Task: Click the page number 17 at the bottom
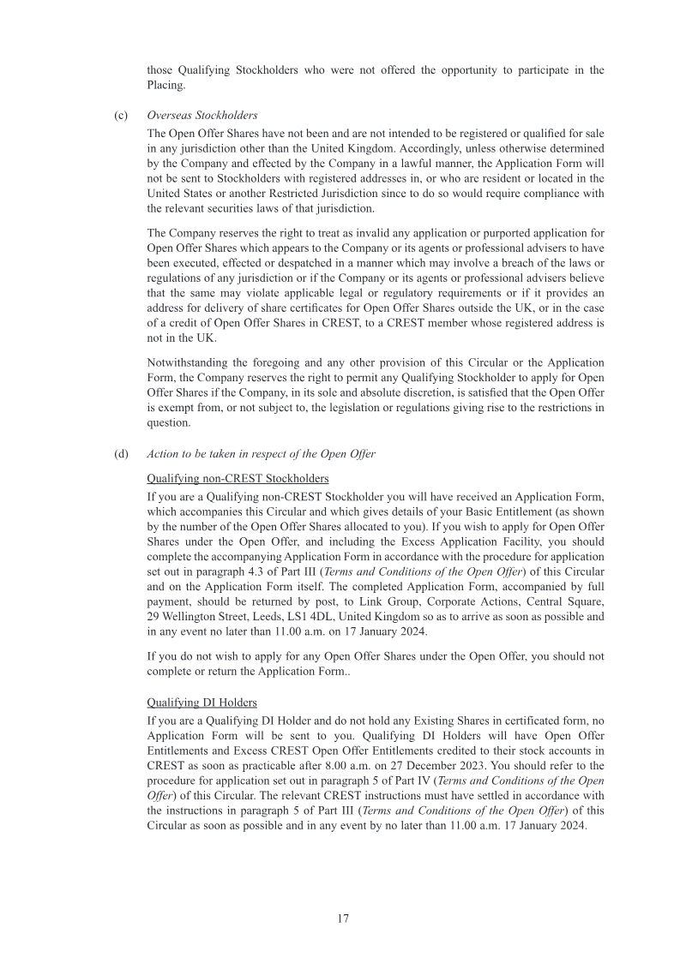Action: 342,918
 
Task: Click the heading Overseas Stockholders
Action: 202,115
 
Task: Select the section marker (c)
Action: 121,115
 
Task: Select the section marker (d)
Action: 121,454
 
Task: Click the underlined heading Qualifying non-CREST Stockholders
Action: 238,477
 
